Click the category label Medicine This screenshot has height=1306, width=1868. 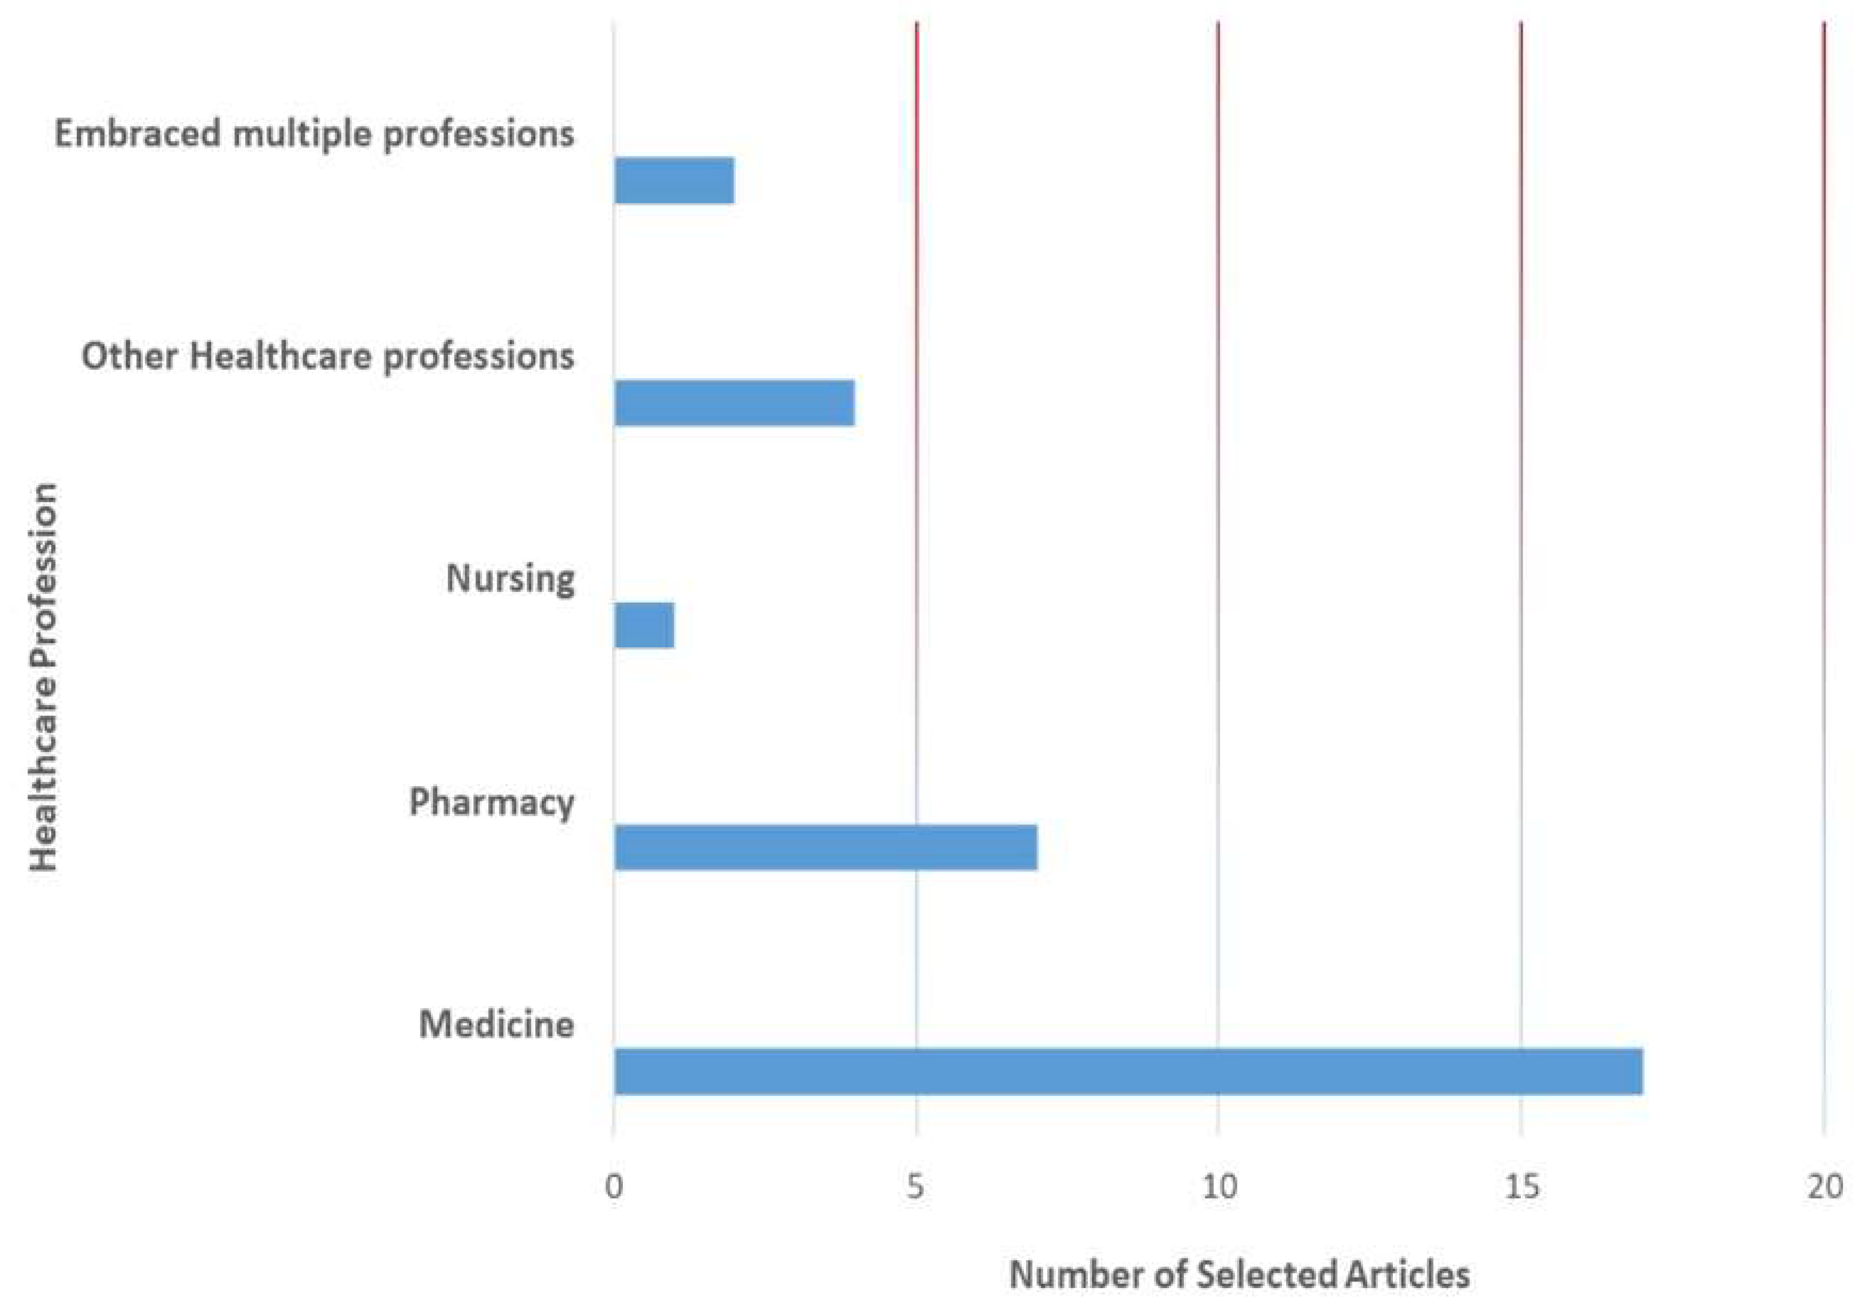click(x=496, y=1024)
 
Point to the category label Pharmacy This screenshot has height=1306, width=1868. click(x=491, y=802)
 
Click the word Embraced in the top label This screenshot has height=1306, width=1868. click(x=137, y=133)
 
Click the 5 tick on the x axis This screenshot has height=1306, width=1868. click(x=916, y=1187)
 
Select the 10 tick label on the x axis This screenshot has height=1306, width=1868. click(x=1219, y=1187)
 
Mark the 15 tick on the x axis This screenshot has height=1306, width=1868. click(x=1521, y=1187)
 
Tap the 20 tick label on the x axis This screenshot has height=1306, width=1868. click(x=1825, y=1187)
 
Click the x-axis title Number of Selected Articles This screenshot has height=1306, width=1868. click(x=1239, y=1274)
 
